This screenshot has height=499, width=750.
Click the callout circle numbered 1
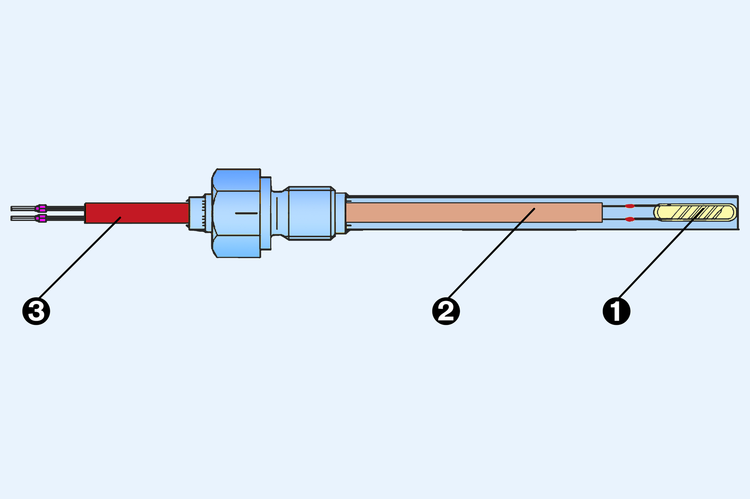click(x=616, y=311)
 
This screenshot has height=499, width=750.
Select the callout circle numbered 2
click(x=446, y=311)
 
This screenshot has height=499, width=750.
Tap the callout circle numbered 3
click(x=36, y=311)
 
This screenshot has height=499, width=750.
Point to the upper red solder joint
click(x=630, y=206)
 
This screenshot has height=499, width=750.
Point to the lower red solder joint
click(x=630, y=219)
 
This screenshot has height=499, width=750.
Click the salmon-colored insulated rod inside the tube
click(x=441, y=213)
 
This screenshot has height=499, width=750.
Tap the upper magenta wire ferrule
click(x=42, y=208)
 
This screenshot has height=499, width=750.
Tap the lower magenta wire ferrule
click(x=42, y=219)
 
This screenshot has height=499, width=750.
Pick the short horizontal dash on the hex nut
click(x=246, y=213)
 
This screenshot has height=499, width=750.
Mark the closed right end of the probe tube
click(x=737, y=213)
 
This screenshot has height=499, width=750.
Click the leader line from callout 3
click(x=79, y=258)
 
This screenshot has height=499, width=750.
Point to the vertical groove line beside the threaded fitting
click(x=277, y=213)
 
